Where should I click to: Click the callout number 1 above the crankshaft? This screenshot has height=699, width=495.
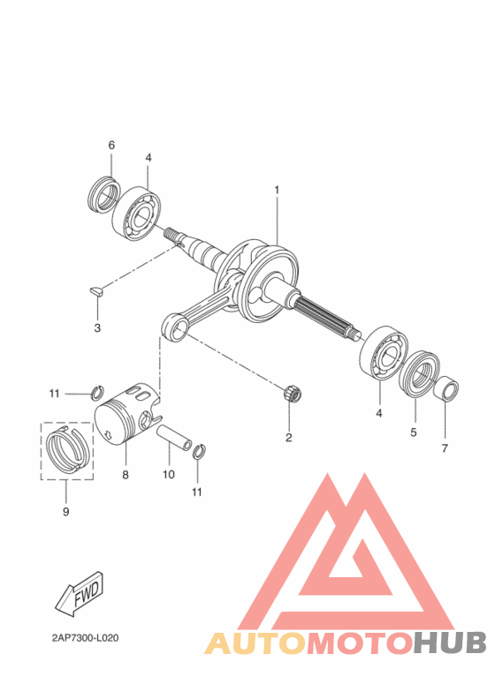(277, 191)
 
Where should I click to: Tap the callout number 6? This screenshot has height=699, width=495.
(111, 145)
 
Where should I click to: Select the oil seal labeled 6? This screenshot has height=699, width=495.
(104, 195)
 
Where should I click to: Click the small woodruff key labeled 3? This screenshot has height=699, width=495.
(95, 291)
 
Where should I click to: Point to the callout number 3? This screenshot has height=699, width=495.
(97, 328)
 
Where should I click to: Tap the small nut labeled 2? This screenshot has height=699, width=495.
(291, 394)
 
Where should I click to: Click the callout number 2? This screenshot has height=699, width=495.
(289, 438)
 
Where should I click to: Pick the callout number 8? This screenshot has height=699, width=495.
(126, 475)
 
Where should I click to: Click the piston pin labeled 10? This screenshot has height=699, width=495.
(174, 439)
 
